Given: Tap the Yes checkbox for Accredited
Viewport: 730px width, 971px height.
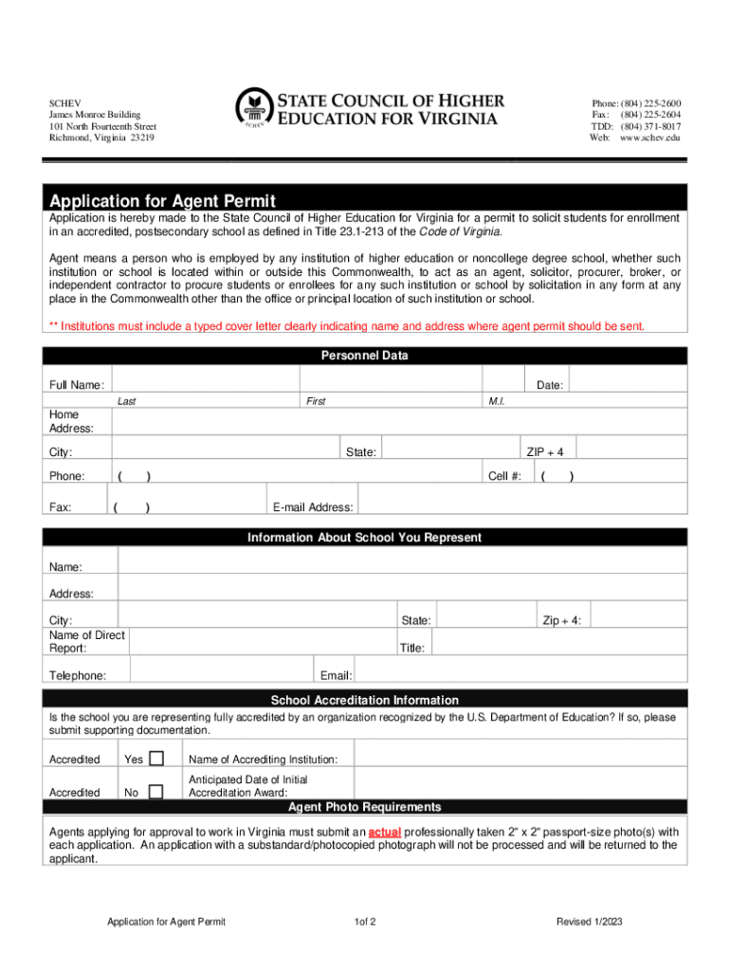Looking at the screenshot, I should (x=156, y=758).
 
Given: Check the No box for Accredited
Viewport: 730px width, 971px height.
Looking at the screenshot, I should (x=156, y=791).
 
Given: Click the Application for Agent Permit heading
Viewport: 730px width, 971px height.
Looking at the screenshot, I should (x=163, y=201).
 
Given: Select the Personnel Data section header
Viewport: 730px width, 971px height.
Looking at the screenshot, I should (x=365, y=356).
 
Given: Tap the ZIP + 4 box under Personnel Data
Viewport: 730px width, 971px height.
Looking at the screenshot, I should (x=630, y=447).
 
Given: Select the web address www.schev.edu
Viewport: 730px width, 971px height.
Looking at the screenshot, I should (x=650, y=137).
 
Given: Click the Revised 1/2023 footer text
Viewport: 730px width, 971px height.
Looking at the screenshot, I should (x=590, y=922).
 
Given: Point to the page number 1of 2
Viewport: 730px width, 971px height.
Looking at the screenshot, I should (x=365, y=922).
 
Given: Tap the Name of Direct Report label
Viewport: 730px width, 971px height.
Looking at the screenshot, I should (x=86, y=642).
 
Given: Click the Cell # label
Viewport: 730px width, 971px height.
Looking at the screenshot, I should (x=504, y=476).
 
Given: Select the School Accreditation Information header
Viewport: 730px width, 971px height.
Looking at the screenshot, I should (x=365, y=700).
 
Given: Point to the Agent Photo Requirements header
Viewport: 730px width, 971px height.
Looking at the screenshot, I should (x=365, y=807).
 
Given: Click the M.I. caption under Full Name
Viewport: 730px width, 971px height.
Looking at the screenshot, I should (x=497, y=402).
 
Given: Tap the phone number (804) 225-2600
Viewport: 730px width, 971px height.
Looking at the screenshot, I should (x=650, y=103).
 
